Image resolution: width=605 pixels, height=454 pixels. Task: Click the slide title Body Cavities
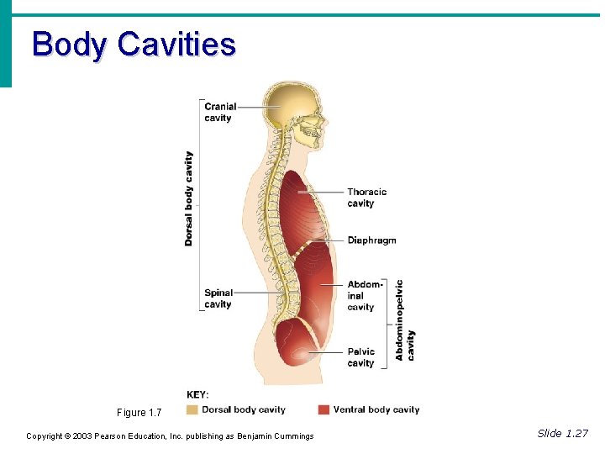point(134,44)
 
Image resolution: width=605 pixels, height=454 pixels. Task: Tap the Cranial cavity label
point(220,112)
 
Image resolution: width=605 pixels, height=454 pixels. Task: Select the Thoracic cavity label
point(366,198)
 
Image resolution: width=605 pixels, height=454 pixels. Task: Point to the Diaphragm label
point(371,240)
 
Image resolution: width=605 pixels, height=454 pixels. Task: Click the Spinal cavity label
point(218,298)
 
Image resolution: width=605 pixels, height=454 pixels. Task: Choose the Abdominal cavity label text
point(364,296)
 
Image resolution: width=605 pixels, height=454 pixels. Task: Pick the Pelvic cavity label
point(361,357)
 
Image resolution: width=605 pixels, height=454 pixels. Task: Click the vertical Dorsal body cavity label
point(189,198)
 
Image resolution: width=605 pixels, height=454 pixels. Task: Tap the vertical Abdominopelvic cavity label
point(405,320)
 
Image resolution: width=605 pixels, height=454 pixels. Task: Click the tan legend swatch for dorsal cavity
point(192,410)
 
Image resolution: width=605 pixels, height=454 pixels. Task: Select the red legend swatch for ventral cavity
point(324,410)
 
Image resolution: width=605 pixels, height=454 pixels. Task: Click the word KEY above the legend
point(197,394)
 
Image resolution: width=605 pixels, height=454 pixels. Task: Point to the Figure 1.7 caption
point(139,413)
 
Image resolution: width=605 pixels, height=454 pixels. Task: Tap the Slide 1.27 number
point(562,434)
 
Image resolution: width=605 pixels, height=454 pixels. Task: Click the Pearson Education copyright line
point(170,436)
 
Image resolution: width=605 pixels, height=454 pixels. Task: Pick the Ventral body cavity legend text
point(376,410)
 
